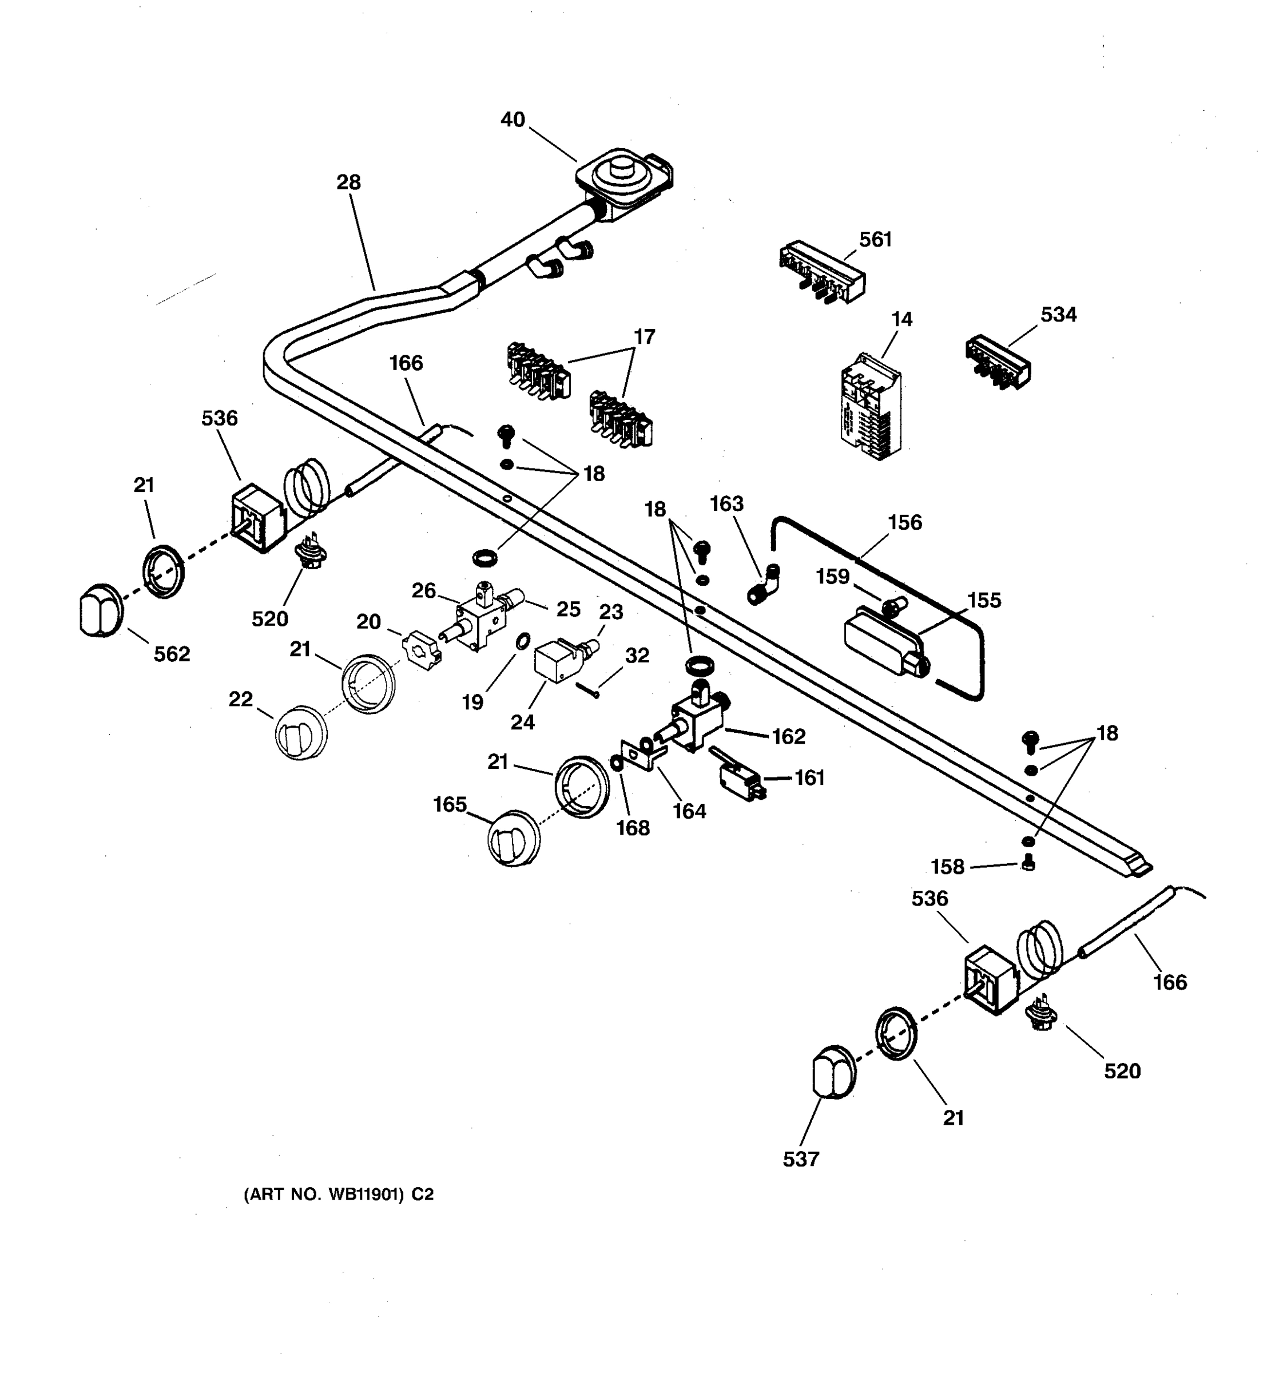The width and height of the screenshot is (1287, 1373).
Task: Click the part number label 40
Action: [513, 120]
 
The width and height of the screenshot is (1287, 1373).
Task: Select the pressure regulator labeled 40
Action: [623, 178]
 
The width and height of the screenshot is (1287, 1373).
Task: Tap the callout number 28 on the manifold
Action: [349, 183]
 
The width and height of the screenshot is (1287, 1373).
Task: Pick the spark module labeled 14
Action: [871, 407]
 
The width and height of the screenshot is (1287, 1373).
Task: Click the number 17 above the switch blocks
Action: [644, 337]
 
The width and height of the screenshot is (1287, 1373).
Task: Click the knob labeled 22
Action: [301, 733]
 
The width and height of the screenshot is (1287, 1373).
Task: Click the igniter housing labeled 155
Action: [884, 640]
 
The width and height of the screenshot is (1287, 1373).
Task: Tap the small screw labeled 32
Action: [586, 689]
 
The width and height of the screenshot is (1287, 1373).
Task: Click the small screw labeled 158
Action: [1027, 863]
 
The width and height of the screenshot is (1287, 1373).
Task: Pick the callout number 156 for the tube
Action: [904, 523]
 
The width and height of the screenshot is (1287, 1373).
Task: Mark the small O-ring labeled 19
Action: [523, 641]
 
